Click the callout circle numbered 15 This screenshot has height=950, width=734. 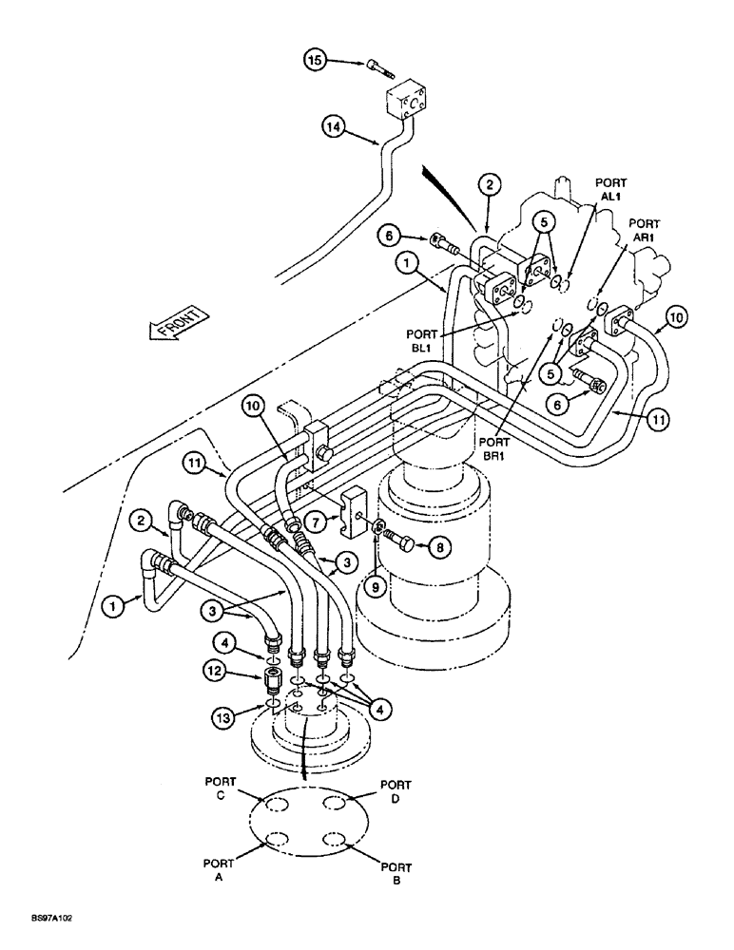(314, 61)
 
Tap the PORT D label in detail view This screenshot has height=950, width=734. (396, 790)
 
